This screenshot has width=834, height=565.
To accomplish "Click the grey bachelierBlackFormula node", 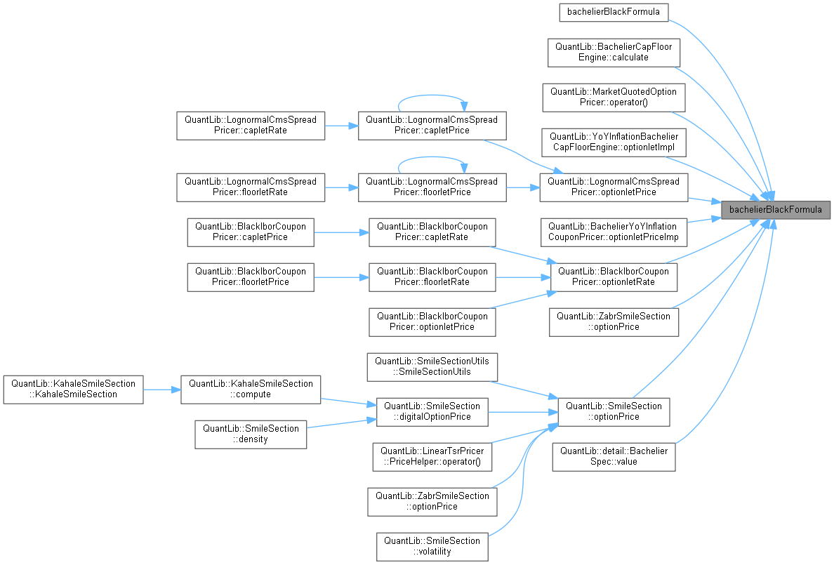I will (x=776, y=209).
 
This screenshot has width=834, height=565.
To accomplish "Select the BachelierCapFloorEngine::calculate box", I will (x=614, y=52).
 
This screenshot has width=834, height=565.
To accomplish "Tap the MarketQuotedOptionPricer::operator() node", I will (x=614, y=97).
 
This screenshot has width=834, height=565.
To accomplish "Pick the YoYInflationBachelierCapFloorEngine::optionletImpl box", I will (x=614, y=142).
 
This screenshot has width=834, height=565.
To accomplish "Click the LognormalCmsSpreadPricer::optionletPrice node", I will (x=614, y=187).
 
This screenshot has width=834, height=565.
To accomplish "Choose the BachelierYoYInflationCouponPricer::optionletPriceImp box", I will (x=613, y=232).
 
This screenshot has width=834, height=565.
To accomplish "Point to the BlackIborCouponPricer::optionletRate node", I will (x=614, y=277).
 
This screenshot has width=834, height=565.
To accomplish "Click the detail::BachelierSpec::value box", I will (x=614, y=456).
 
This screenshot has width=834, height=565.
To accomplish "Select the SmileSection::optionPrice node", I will (x=614, y=411).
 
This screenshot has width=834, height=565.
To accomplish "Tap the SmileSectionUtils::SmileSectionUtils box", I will (x=432, y=366).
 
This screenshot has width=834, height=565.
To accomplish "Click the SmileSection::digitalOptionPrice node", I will (x=432, y=411).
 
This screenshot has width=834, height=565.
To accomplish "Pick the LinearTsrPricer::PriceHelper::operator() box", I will (x=432, y=456).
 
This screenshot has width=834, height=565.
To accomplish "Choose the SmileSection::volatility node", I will (x=432, y=546).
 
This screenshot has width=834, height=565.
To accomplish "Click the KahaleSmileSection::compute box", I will (x=250, y=389).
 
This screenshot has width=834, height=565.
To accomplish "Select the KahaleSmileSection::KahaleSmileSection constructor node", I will (x=73, y=389).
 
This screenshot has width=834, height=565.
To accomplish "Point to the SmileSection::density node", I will (x=250, y=434).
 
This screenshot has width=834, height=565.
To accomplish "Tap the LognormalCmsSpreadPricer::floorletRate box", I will (x=250, y=187).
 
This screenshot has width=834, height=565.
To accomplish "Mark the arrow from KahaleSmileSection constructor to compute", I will (x=161, y=389).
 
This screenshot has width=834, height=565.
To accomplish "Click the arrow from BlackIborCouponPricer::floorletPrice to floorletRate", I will (x=341, y=277).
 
